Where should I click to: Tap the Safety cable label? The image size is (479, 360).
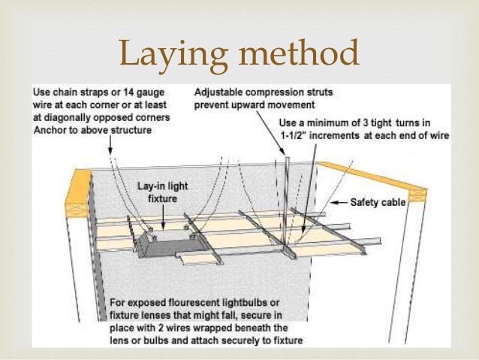click(x=380, y=203)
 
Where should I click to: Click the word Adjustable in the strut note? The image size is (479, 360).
click(x=218, y=94)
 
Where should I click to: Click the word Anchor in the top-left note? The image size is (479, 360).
click(x=50, y=129)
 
